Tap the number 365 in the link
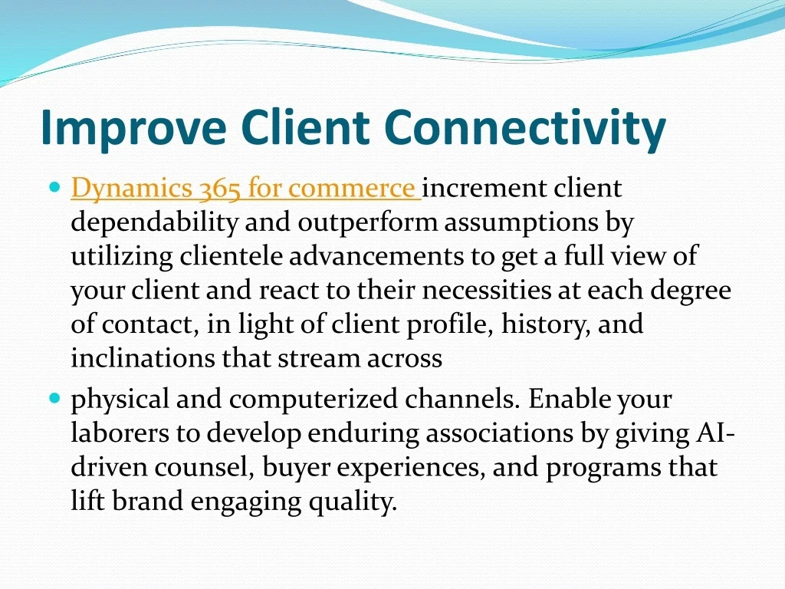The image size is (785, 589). pos(222,188)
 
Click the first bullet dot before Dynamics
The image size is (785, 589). pos(54,186)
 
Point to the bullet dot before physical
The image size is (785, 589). pos(54,399)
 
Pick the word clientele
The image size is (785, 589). pos(231,256)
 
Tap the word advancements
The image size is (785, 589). pos(379,256)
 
